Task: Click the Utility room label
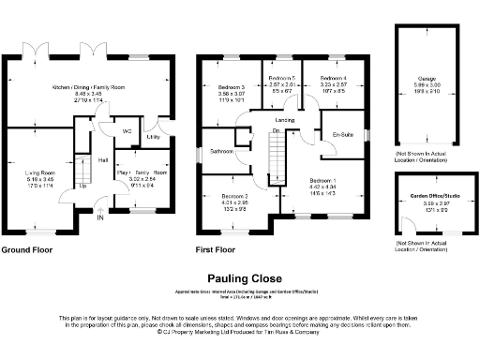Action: [x=151, y=137]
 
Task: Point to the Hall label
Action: [x=104, y=158]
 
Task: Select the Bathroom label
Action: [x=221, y=150]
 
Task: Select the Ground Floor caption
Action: [x=27, y=251]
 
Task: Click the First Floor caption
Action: [x=217, y=251]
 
